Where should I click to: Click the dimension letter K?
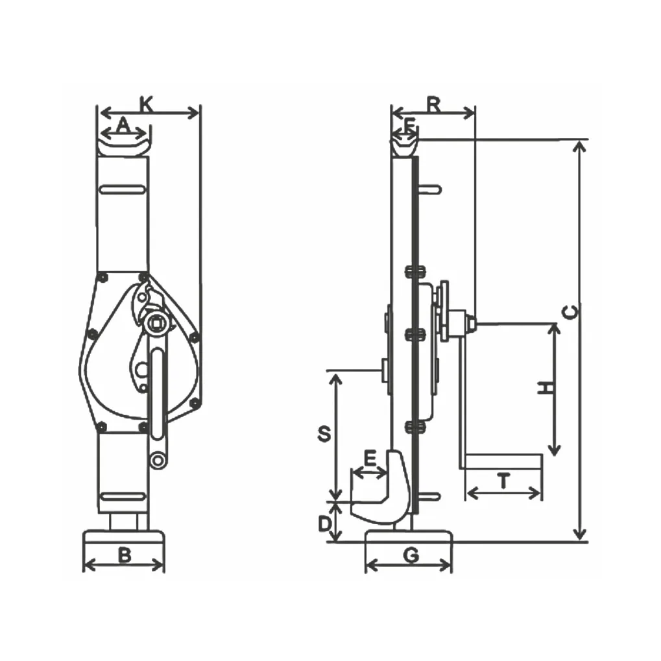point(147,104)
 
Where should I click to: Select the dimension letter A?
point(123,125)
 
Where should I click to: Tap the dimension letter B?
point(125,555)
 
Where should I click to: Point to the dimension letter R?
point(434,105)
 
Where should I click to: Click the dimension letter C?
point(570,313)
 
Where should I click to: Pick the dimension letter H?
point(546,387)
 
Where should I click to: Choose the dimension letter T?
point(504,481)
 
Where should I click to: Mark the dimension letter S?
point(324,434)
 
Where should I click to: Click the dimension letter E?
point(370,458)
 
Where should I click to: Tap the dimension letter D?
point(324,524)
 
